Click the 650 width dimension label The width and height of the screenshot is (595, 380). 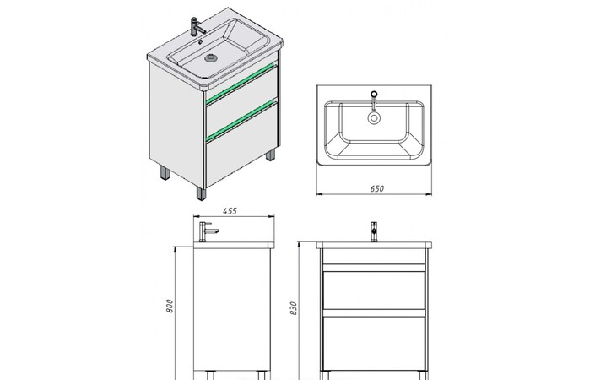tap(376, 188)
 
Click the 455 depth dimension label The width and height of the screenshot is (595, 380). tap(230, 211)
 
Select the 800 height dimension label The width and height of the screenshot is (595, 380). tap(170, 306)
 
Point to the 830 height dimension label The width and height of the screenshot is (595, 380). tap(293, 308)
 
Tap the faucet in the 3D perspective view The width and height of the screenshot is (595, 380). tap(196, 27)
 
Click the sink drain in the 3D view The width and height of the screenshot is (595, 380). tap(211, 58)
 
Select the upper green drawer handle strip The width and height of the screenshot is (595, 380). tap(241, 83)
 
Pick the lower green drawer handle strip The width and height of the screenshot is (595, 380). tap(241, 121)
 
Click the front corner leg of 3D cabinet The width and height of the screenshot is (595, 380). tap(201, 193)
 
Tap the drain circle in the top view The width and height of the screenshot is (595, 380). tap(374, 118)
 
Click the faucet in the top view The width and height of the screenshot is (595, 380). tap(374, 100)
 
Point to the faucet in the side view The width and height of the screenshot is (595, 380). tap(207, 231)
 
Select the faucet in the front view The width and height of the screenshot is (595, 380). tap(374, 231)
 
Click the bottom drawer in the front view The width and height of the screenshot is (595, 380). tap(374, 344)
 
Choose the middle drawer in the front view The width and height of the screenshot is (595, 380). tap(374, 290)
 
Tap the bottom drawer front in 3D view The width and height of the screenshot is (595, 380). tap(241, 146)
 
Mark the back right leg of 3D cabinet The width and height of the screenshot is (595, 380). tap(270, 155)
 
